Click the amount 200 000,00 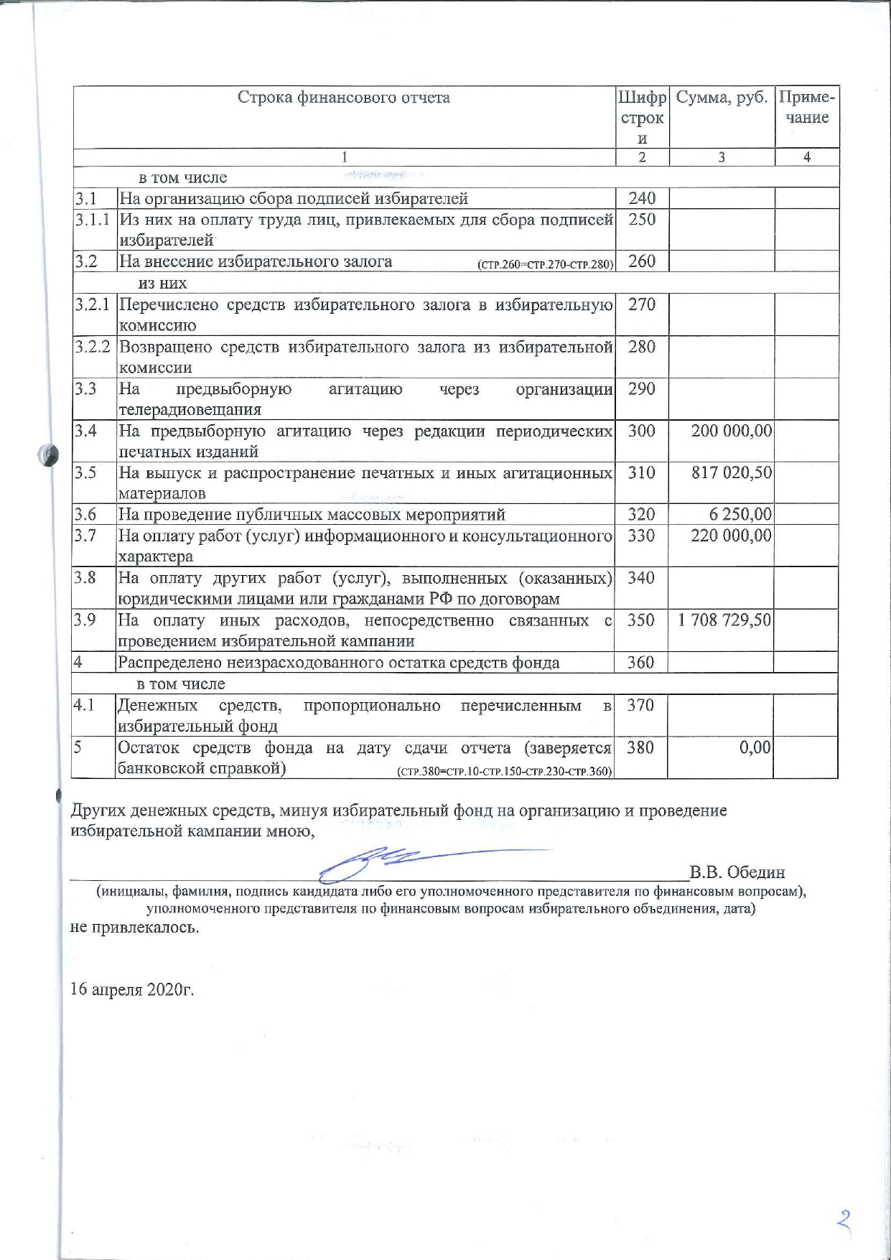point(732,431)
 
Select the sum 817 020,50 point(732,473)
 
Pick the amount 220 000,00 point(731,536)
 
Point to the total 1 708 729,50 point(724,620)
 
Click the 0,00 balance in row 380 point(755,747)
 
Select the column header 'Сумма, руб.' point(722,98)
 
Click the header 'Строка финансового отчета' point(344,98)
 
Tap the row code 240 point(642,198)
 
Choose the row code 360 point(640,662)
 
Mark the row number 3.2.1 point(93,304)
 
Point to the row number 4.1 point(84,705)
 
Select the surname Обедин point(755,873)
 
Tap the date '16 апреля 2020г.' point(132,990)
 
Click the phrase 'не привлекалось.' point(134,927)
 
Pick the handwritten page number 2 point(844,1221)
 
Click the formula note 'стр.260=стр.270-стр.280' point(545,264)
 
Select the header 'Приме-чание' point(807,108)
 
